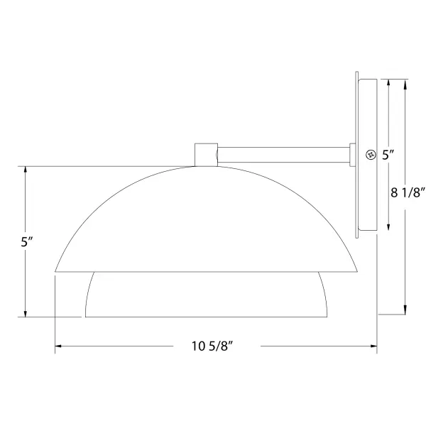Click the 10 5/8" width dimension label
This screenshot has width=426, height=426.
pyautogui.click(x=212, y=346)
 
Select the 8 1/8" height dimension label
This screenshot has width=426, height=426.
pyautogui.click(x=408, y=192)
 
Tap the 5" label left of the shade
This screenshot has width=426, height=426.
pyautogui.click(x=27, y=241)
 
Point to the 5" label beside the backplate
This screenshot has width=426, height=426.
pyautogui.click(x=388, y=155)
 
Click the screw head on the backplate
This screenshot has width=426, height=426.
pyautogui.click(x=371, y=155)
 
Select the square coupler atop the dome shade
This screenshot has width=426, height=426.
pyautogui.click(x=206, y=155)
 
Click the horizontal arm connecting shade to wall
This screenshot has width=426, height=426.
pyautogui.click(x=283, y=155)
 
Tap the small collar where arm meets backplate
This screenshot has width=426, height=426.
pyautogui.click(x=352, y=155)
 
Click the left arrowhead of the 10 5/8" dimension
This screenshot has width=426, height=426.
pyautogui.click(x=58, y=346)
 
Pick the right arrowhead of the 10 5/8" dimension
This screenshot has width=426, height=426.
pyautogui.click(x=374, y=346)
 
